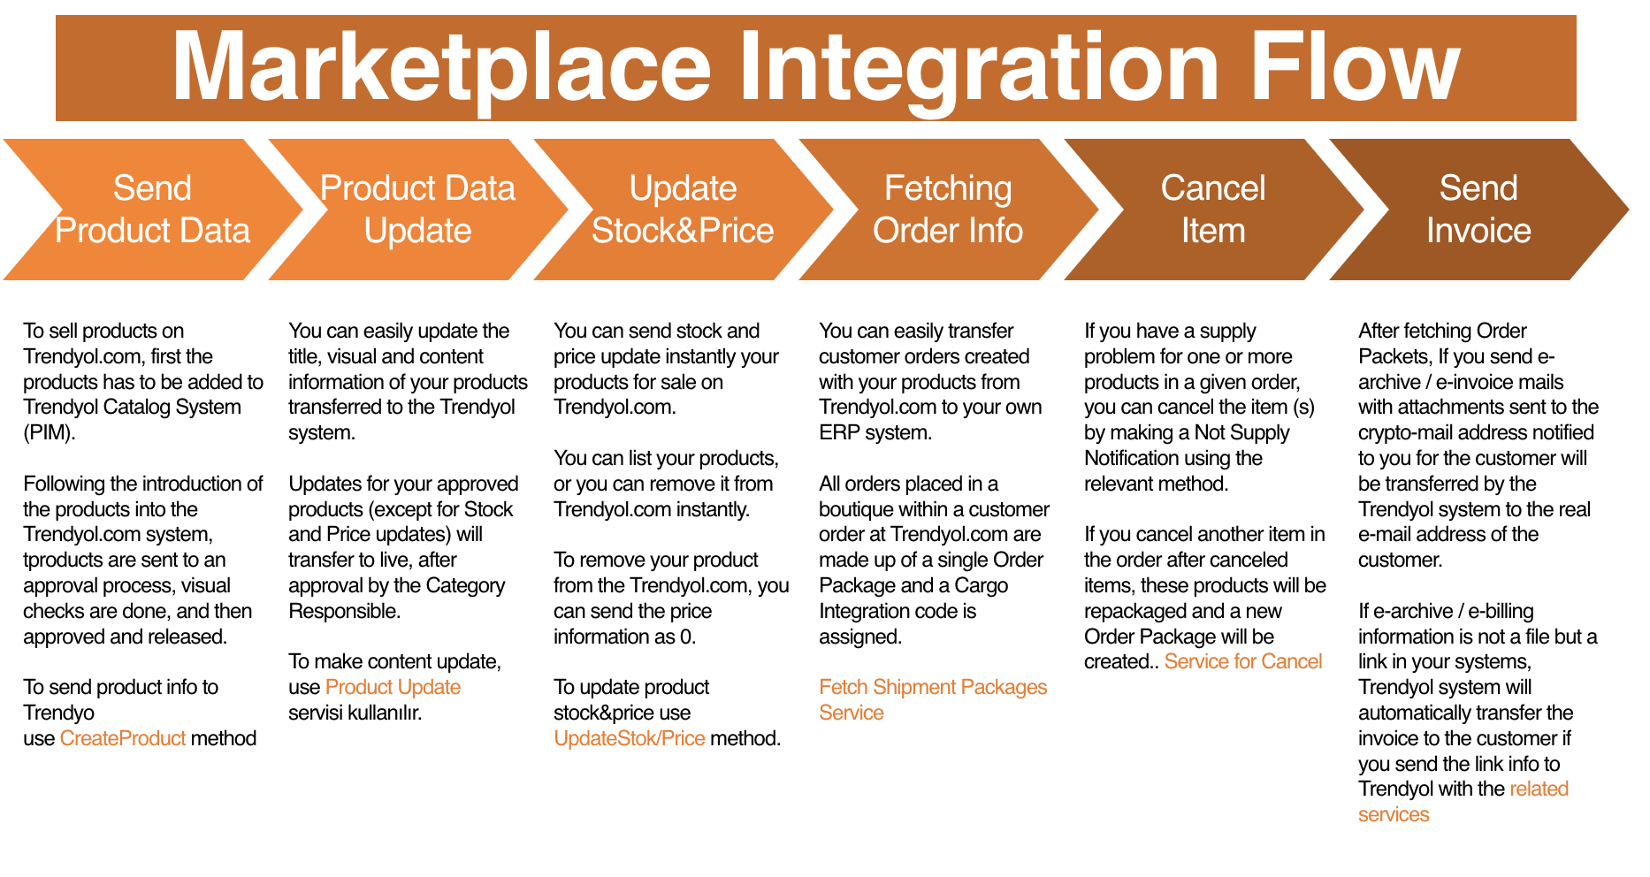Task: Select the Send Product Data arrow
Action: click(x=152, y=210)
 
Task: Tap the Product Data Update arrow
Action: click(x=417, y=210)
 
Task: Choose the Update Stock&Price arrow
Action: click(x=683, y=210)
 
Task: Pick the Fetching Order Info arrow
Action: click(x=948, y=210)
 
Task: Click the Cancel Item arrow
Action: click(x=1213, y=210)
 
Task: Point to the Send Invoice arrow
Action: click(x=1478, y=210)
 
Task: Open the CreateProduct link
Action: click(x=123, y=738)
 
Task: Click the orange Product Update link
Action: click(x=393, y=688)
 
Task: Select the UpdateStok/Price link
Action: click(x=630, y=738)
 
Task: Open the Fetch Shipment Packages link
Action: click(x=933, y=699)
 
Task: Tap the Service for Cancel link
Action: click(x=1243, y=662)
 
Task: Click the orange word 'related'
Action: click(x=1539, y=789)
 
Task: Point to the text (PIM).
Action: click(x=50, y=433)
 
